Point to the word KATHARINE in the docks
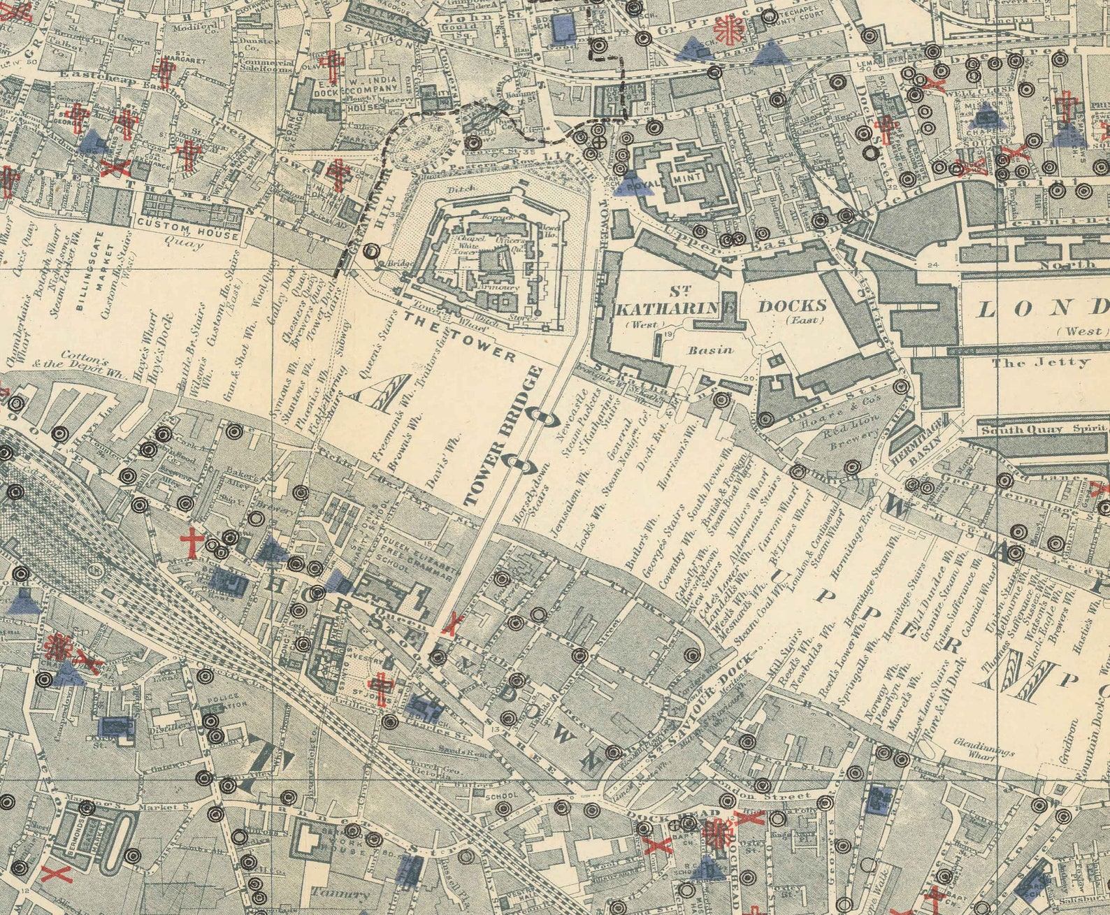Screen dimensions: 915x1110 coord(674,307)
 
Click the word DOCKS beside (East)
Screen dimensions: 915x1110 coord(793,305)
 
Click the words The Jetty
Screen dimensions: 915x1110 coord(1040,362)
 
